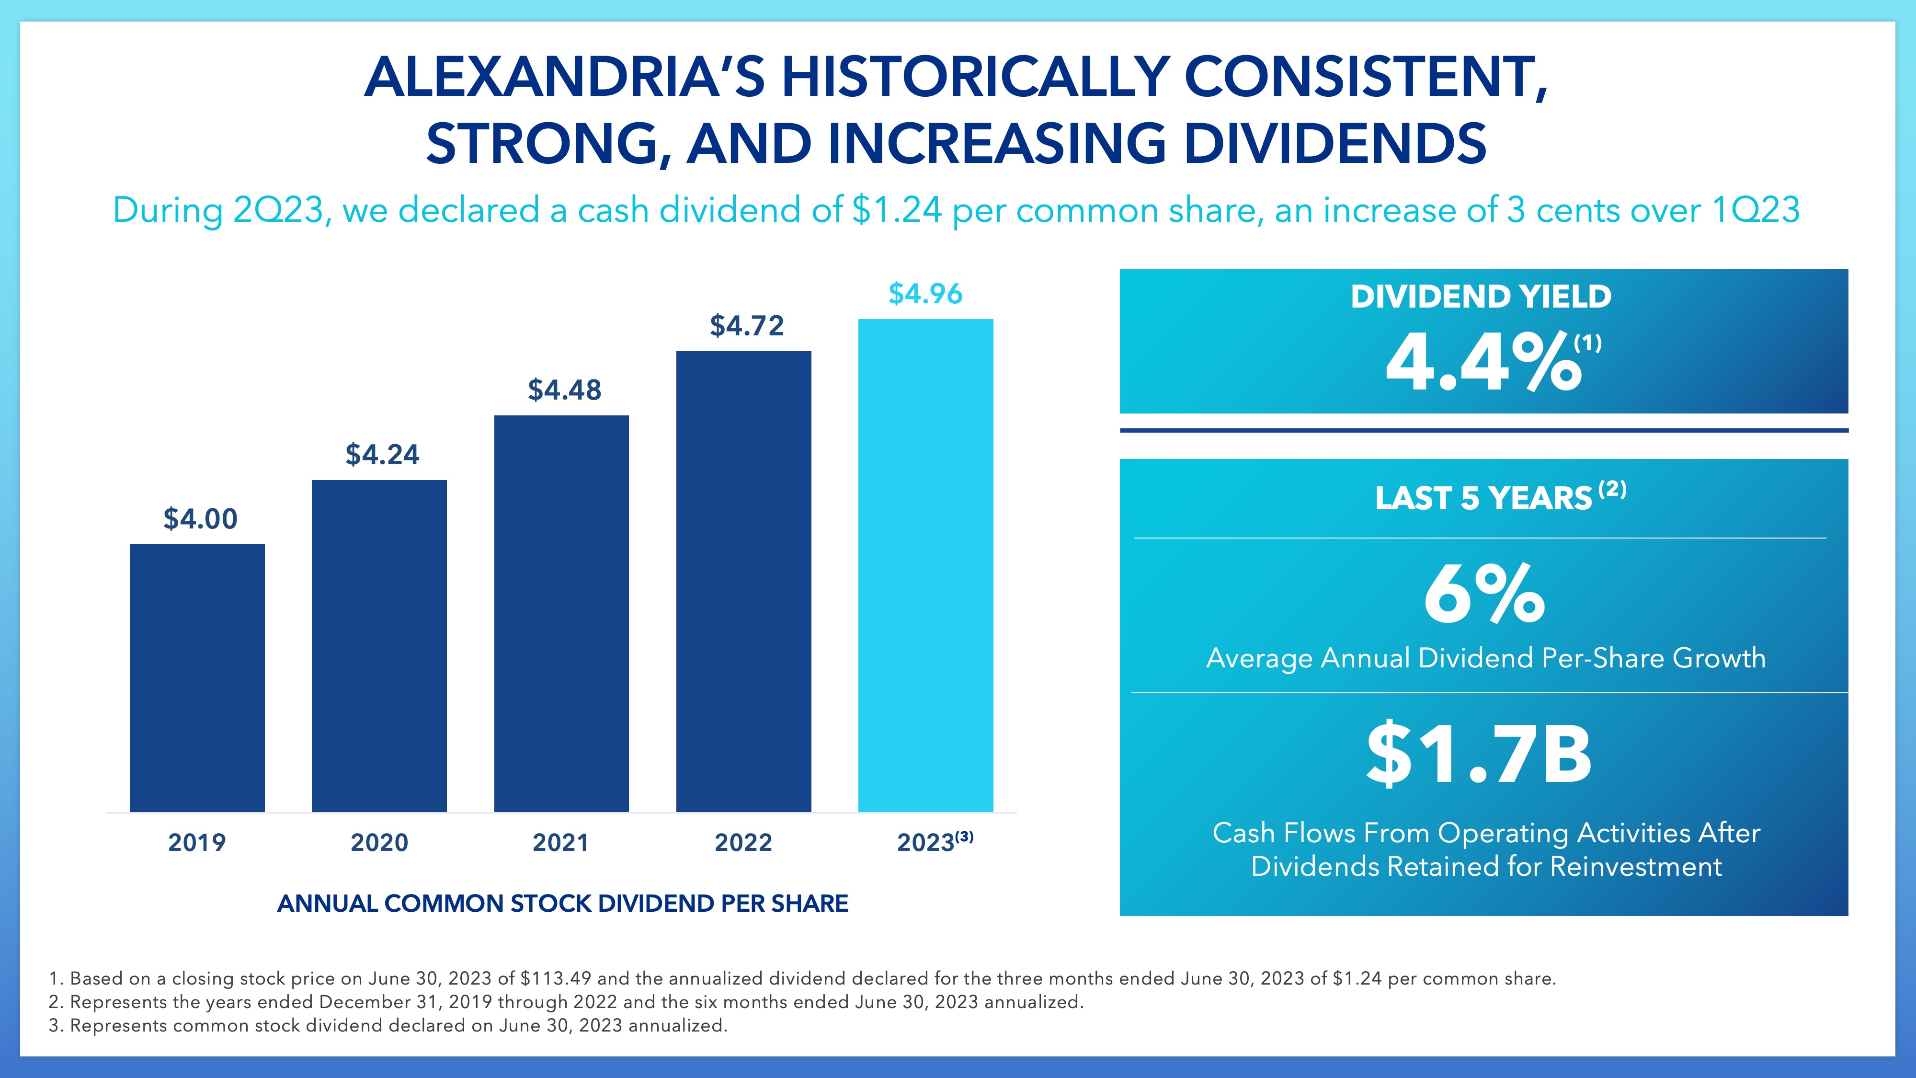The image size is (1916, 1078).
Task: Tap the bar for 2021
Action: click(x=561, y=613)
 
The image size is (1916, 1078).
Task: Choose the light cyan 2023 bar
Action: click(x=925, y=565)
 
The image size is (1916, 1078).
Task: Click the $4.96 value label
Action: click(x=925, y=294)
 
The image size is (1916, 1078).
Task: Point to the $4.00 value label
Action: click(x=200, y=518)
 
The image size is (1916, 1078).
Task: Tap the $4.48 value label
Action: click(x=565, y=390)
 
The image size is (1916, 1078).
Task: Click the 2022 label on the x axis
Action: click(x=743, y=842)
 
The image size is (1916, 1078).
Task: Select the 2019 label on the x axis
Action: click(x=197, y=842)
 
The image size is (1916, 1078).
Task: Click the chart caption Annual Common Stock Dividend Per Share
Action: click(x=562, y=903)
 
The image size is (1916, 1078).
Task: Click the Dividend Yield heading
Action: click(x=1481, y=297)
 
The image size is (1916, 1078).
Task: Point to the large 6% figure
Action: click(x=1484, y=595)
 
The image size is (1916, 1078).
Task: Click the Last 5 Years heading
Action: click(x=1484, y=498)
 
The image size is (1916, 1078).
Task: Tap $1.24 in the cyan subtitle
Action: click(x=897, y=210)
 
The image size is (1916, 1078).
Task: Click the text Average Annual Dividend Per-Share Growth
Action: click(x=1485, y=658)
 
